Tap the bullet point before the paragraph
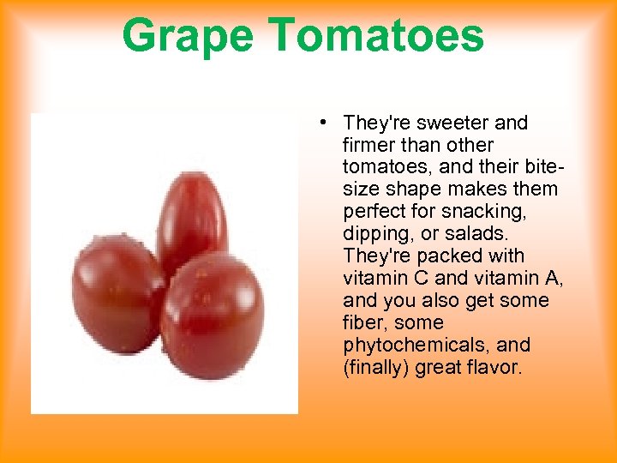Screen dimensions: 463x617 click(x=319, y=122)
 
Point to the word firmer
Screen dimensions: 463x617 click(x=369, y=145)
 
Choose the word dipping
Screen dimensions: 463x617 click(x=375, y=234)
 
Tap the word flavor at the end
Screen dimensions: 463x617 click(x=497, y=368)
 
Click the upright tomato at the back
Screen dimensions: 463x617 click(x=192, y=214)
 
